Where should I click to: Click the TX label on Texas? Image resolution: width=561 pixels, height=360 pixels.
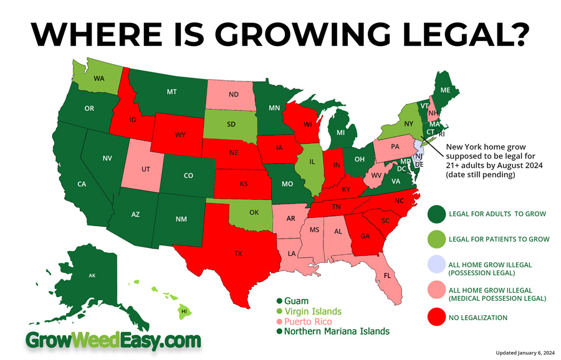pos(238,253)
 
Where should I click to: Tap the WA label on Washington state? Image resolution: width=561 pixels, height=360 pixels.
pos(98,78)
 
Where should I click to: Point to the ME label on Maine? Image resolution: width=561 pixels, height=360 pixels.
pos(445,90)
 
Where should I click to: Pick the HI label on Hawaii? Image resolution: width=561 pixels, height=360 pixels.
pos(184,310)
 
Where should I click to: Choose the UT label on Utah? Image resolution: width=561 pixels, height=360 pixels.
pos(145,169)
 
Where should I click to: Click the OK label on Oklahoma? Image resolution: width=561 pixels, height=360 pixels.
pos(254,212)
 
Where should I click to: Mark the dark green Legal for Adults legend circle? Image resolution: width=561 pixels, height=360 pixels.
pos(436,214)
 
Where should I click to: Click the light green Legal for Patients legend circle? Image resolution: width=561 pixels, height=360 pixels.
pos(436,239)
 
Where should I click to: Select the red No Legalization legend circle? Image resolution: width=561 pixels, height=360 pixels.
pos(436,317)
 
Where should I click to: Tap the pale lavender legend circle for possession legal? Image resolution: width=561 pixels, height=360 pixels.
pos(436,268)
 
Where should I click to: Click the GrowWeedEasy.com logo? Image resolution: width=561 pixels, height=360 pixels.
pos(113,340)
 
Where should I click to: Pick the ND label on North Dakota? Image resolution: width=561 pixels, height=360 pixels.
pos(234,95)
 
